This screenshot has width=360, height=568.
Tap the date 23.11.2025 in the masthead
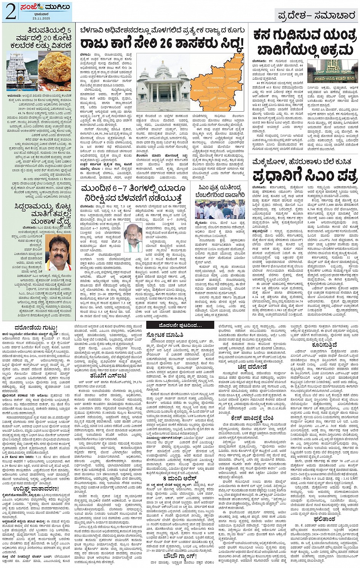tap(41, 18)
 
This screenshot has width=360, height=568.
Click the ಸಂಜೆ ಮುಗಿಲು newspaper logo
tap(46, 7)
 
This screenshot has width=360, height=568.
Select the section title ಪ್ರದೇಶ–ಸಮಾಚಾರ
tap(316, 15)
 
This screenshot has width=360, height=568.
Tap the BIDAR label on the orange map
tap(238, 58)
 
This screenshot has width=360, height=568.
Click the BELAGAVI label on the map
tap(198, 90)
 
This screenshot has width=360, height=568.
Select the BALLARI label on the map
tap(223, 108)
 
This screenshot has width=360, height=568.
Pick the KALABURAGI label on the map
tap(233, 70)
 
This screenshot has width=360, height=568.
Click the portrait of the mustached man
tap(59, 253)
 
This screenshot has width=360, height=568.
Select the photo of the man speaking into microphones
tap(133, 237)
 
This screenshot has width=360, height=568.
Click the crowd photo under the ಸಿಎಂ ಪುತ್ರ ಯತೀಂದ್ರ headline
tap(220, 209)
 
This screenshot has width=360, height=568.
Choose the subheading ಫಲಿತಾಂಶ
tap(324, 518)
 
